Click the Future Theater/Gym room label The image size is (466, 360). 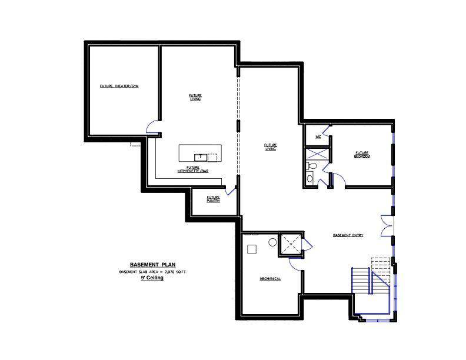point(119,86)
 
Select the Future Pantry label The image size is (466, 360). point(213,199)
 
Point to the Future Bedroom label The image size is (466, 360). point(361,154)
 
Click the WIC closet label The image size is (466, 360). point(318,136)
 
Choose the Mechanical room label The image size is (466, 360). point(271,278)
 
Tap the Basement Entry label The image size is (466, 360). point(348,235)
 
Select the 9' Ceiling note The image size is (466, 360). point(152,278)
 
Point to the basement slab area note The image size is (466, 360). point(152,271)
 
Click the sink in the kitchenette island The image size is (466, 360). point(200,156)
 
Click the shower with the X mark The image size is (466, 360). point(317,154)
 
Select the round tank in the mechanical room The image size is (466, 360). point(273,242)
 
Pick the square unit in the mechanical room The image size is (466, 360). point(252,249)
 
